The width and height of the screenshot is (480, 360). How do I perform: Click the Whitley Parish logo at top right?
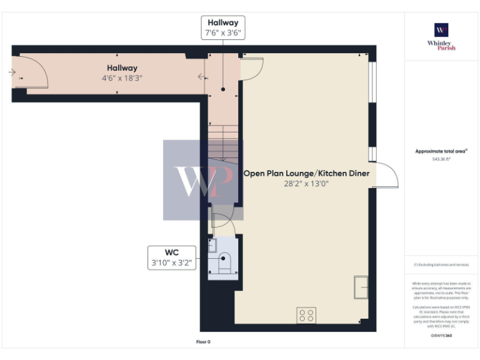coord(441,36)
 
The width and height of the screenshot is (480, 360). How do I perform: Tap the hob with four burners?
coord(306,316)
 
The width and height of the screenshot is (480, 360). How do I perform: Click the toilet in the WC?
coord(225,262)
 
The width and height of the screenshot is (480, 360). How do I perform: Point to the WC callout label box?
coord(172,257)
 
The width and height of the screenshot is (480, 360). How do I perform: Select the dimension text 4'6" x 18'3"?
coord(121,79)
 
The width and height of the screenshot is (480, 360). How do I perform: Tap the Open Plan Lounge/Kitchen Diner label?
coord(306,173)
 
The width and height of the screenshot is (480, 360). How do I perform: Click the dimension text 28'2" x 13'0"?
coord(306,184)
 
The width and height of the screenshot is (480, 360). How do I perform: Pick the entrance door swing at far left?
coord(34,70)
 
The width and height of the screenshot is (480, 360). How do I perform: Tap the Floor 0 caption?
coord(203,342)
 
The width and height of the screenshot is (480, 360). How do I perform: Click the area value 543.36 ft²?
coord(441,159)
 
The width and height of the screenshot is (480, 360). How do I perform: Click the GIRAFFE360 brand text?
coord(441,336)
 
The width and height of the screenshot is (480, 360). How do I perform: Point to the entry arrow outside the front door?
coord(11,72)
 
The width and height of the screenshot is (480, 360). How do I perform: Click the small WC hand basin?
coord(212,245)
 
